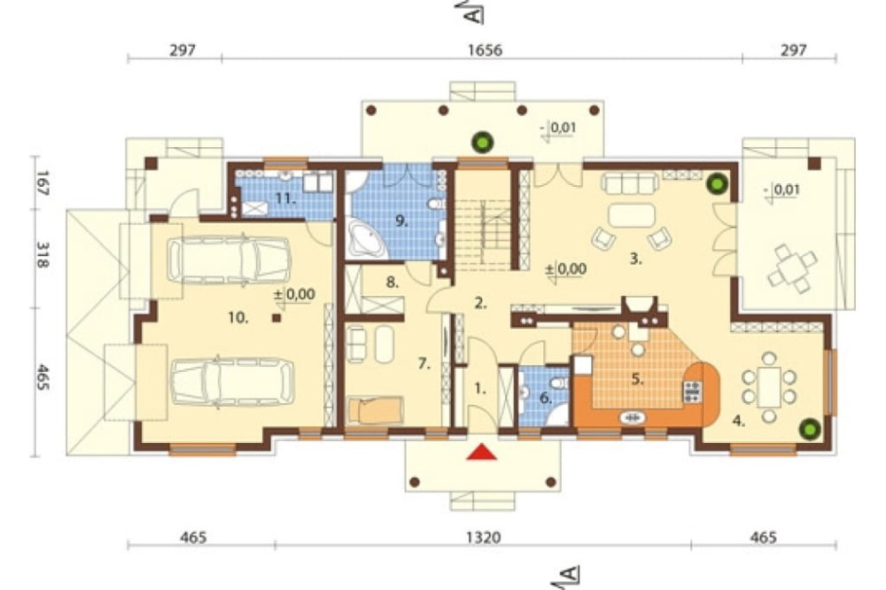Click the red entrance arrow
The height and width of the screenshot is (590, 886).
tap(481, 452)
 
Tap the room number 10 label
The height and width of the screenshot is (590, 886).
tap(238, 318)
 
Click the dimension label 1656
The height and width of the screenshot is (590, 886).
tap(485, 50)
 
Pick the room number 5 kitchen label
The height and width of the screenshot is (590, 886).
tap(637, 379)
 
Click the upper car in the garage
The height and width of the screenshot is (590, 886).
tap(229, 260)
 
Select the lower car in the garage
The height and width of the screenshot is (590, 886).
tap(232, 382)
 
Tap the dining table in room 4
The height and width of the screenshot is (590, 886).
tap(769, 386)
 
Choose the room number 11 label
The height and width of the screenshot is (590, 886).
tap(286, 198)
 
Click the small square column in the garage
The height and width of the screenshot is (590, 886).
tap(276, 318)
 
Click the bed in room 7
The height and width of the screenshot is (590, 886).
tap(376, 410)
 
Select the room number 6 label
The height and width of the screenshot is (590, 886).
tap(545, 398)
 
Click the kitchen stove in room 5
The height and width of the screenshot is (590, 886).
tap(693, 392)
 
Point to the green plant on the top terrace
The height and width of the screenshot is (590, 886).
tap(483, 143)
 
